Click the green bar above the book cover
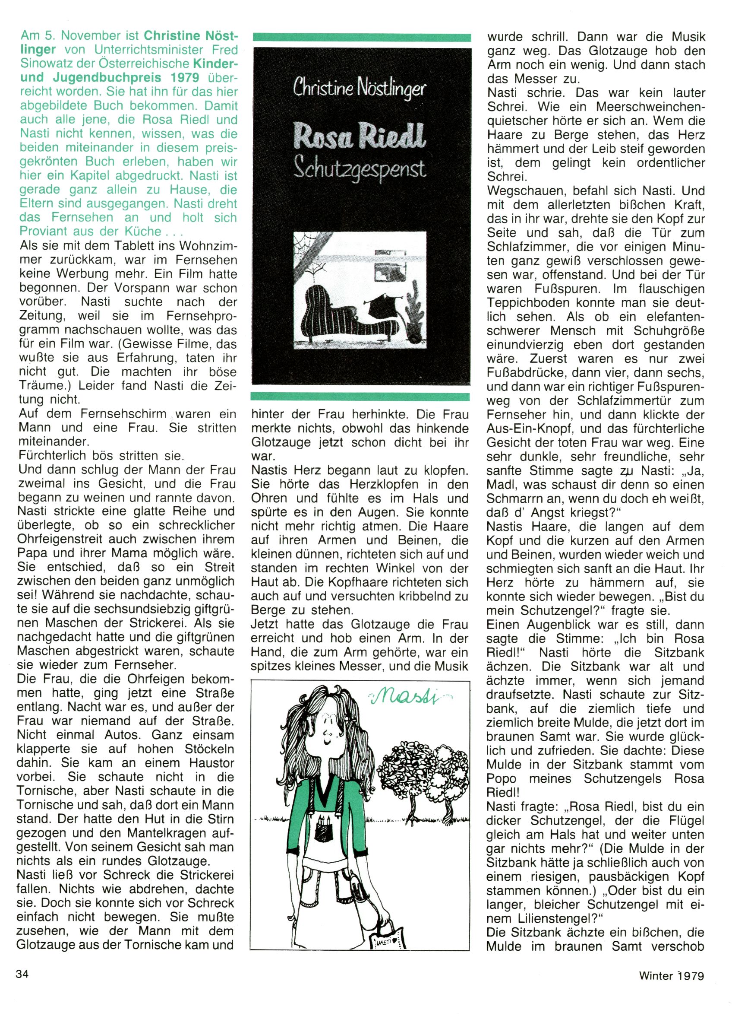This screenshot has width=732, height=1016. click(x=361, y=37)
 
